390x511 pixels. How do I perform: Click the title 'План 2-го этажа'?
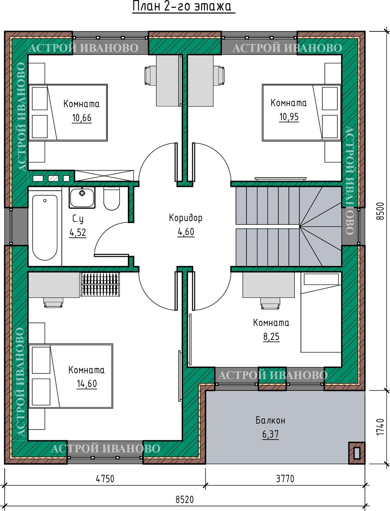(x=182, y=6)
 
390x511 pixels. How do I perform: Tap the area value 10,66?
(x=82, y=118)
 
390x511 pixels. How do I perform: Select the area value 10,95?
(x=289, y=117)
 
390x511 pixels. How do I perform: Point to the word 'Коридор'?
(x=186, y=218)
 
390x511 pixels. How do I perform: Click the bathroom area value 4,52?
(x=78, y=233)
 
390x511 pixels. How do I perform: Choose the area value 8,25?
(x=271, y=337)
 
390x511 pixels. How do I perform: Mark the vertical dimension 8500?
(x=380, y=211)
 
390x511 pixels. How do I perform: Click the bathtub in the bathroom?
(x=45, y=228)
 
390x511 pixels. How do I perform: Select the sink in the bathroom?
(x=82, y=198)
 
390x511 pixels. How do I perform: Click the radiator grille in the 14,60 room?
(x=100, y=284)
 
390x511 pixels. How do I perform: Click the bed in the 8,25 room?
(x=321, y=313)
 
